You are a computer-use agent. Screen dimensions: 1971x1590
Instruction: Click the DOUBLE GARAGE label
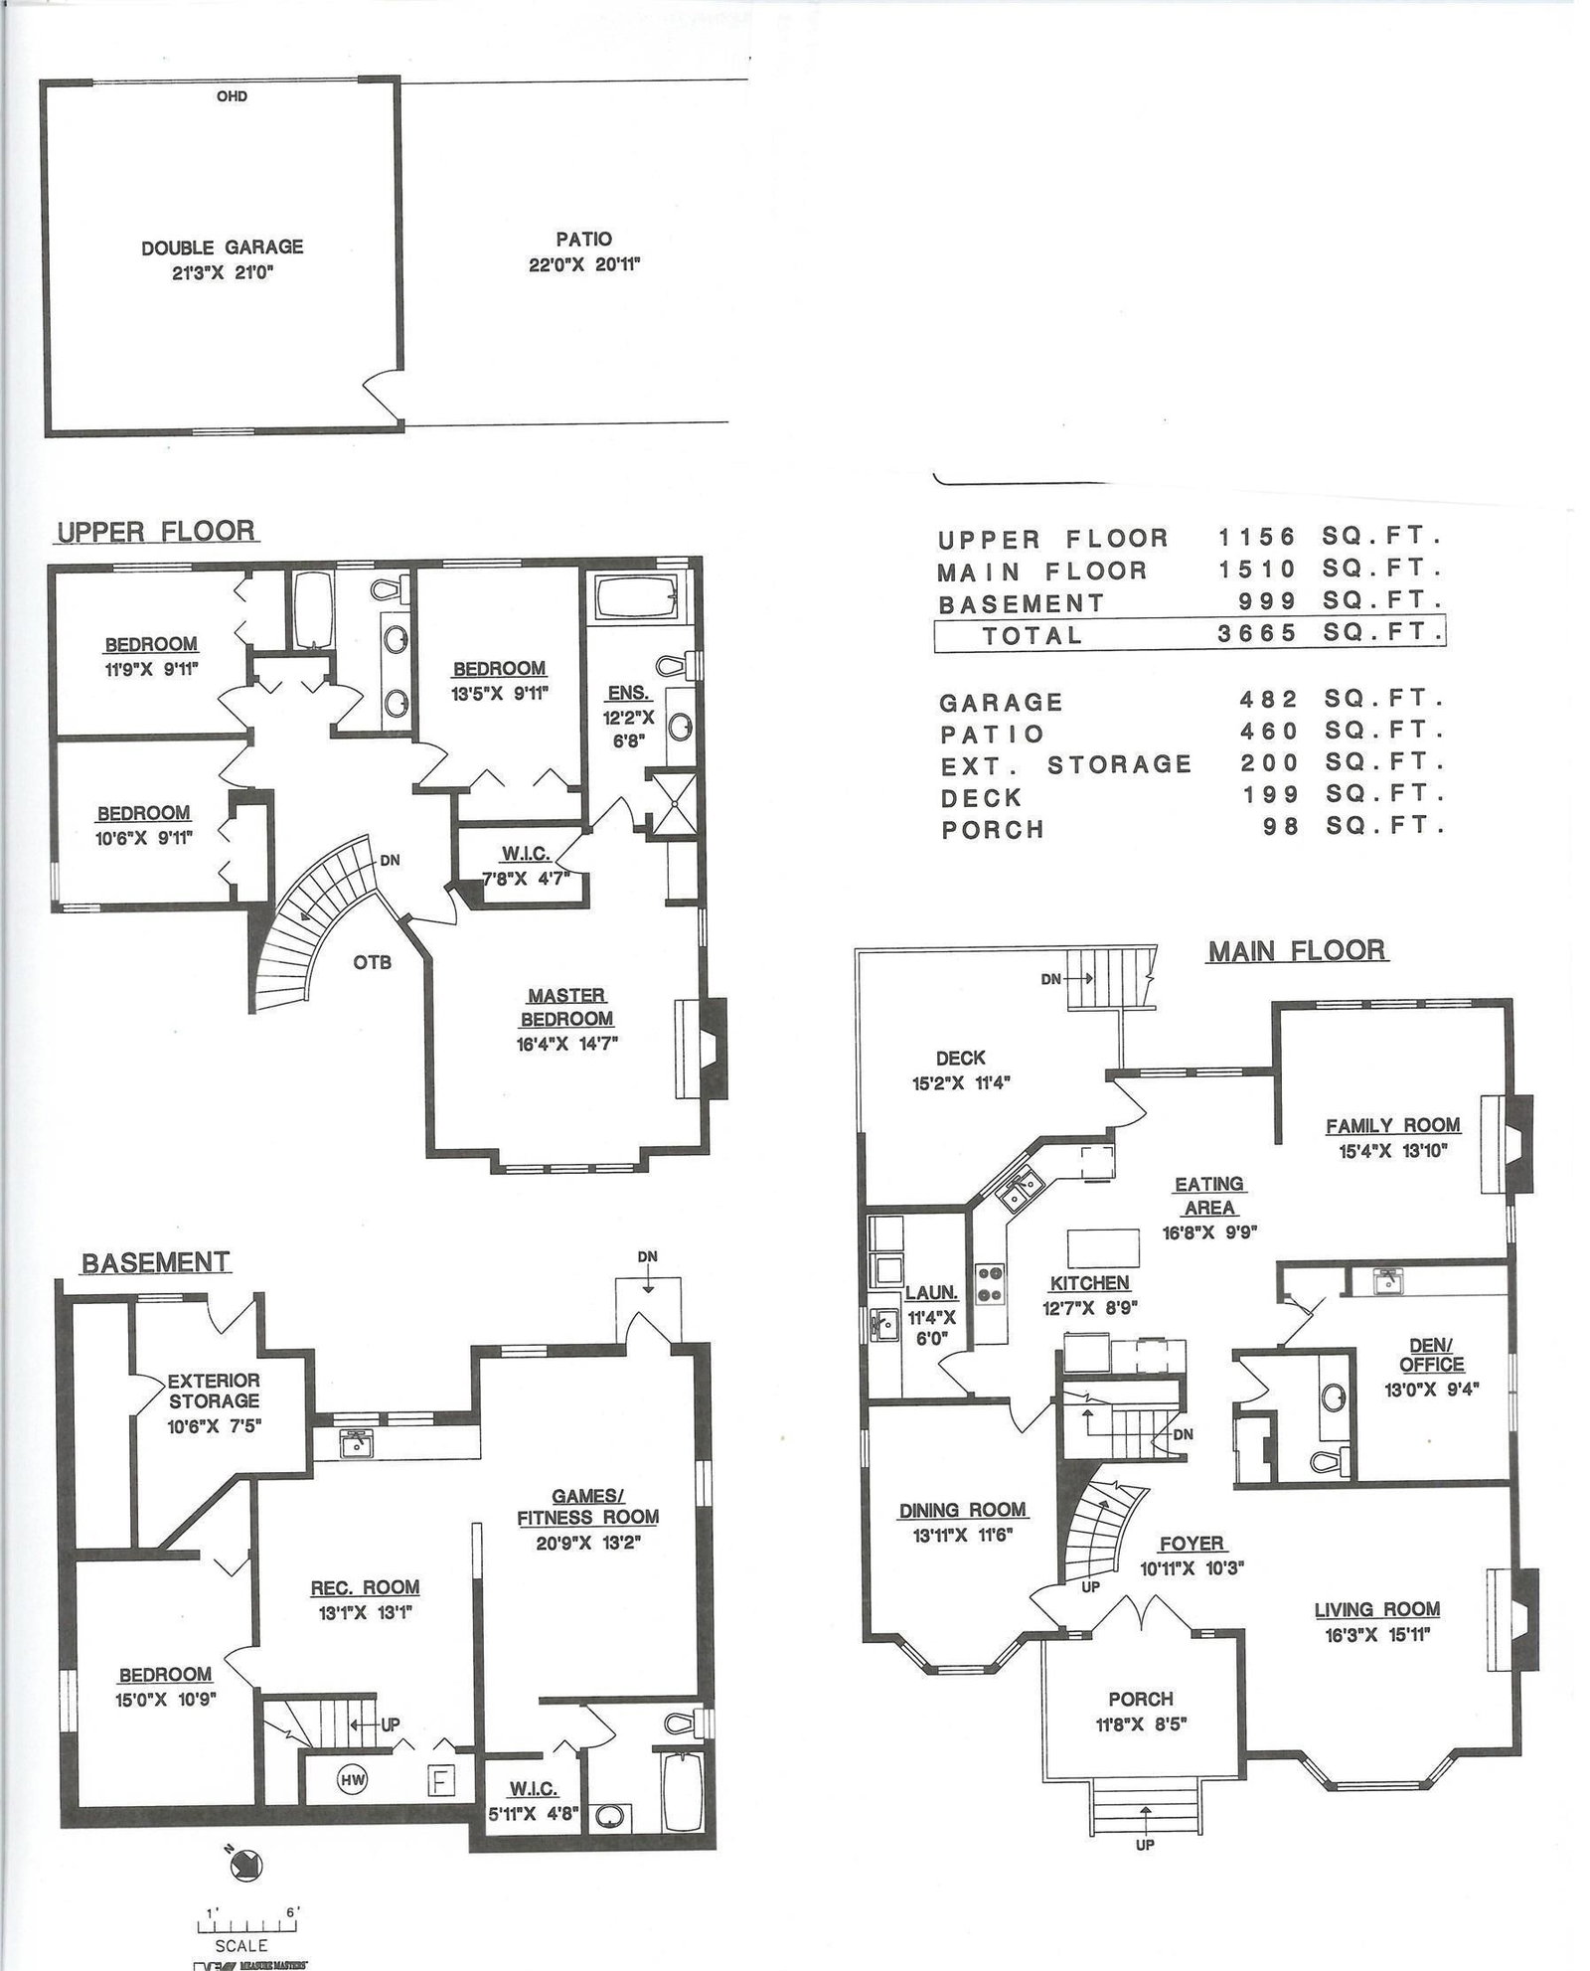tap(222, 247)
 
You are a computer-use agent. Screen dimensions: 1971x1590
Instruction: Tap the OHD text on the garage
tap(232, 96)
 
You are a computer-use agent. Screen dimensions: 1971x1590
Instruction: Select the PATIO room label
tap(583, 240)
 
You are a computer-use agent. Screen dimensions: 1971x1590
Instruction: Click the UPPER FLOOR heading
tap(156, 531)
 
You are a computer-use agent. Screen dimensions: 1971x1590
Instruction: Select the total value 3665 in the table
tap(1257, 633)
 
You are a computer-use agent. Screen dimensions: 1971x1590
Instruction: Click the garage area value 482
tap(1269, 700)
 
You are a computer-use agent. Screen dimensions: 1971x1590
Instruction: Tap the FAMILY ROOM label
tap(1392, 1125)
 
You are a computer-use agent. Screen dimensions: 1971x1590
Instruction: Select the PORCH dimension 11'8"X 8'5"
tap(1141, 1725)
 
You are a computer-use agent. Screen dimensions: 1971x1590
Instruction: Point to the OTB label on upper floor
tap(373, 962)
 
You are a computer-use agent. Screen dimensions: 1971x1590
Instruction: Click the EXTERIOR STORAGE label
tap(214, 1391)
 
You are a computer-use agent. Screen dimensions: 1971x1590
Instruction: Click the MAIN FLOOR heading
tap(1297, 950)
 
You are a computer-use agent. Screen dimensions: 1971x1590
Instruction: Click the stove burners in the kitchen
tap(990, 1282)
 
